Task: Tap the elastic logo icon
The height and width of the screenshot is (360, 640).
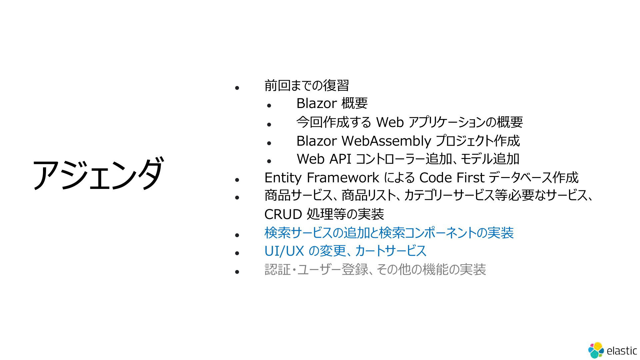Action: [x=596, y=350]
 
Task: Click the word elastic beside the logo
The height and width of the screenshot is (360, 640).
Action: [x=622, y=351]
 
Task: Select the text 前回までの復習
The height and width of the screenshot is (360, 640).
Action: [x=307, y=85]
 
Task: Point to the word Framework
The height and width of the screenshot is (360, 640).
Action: [x=343, y=178]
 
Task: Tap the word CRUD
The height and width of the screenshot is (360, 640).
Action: [x=283, y=214]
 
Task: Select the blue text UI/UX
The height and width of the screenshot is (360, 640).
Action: [x=284, y=251]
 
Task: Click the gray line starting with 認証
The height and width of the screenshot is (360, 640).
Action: [x=375, y=269]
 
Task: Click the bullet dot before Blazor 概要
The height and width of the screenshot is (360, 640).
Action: [x=269, y=106]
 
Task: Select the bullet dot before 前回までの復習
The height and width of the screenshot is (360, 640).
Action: [x=237, y=88]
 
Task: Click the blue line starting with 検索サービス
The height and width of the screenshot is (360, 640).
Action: [x=389, y=233]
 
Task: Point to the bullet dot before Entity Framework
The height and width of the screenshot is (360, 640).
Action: [x=237, y=180]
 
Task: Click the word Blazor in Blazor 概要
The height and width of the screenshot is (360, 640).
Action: [x=317, y=103]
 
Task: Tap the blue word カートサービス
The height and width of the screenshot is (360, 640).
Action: [x=391, y=251]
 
